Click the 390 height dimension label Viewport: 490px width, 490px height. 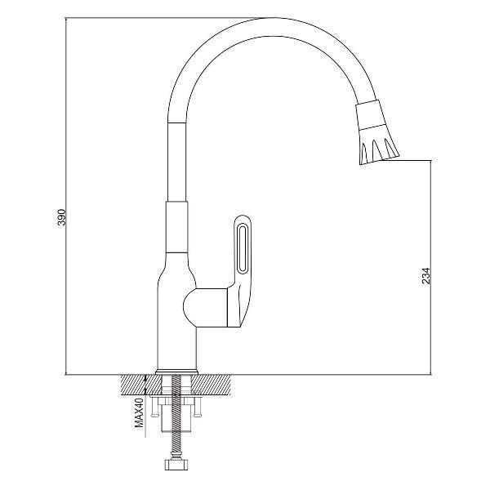pyautogui.click(x=61, y=217)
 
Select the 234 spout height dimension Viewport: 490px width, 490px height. pyautogui.click(x=426, y=276)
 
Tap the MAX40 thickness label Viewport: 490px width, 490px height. pyautogui.click(x=139, y=412)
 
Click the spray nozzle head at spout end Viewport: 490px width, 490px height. pyautogui.click(x=376, y=132)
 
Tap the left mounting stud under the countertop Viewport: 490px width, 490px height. pyautogui.click(x=154, y=408)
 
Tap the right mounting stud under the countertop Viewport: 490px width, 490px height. pyautogui.click(x=197, y=408)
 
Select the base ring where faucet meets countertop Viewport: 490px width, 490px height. pyautogui.click(x=176, y=372)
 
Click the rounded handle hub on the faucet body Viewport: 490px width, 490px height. pyautogui.click(x=205, y=308)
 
